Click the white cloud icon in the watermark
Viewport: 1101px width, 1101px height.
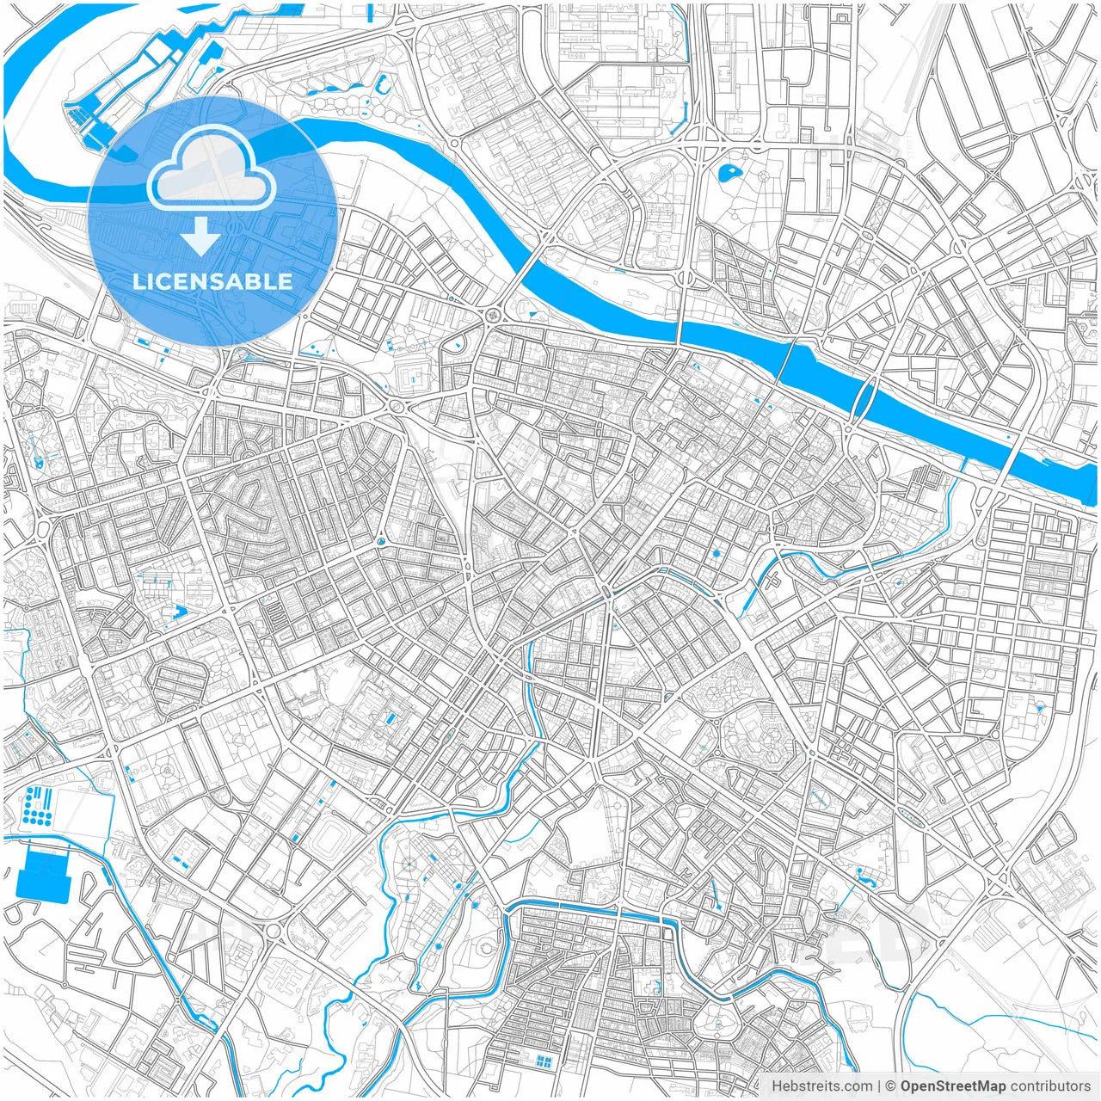click(212, 172)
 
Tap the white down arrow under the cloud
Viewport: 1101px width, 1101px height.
click(201, 237)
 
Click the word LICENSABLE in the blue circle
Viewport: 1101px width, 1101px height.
click(212, 281)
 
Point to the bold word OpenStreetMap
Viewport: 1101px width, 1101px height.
click(952, 1086)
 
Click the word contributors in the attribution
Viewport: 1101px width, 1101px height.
click(1049, 1086)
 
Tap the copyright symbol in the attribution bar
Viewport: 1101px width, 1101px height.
click(891, 1086)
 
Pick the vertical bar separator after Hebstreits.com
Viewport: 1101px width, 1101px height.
click(879, 1086)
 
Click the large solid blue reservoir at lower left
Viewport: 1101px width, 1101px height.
click(42, 873)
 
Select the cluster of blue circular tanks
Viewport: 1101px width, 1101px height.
click(37, 803)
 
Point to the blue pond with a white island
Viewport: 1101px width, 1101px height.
click(729, 172)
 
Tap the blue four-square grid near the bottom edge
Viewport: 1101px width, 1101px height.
click(543, 1061)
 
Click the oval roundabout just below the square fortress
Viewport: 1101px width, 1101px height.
click(397, 405)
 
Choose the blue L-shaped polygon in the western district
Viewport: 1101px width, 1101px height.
click(180, 612)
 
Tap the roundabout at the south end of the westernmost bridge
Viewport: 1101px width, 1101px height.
click(494, 316)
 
